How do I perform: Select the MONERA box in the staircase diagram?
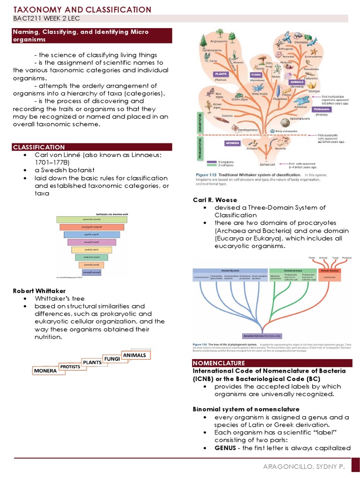pyautogui.click(x=45, y=370)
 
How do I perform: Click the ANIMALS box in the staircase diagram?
pyautogui.click(x=135, y=355)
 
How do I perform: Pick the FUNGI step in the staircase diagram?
pyautogui.click(x=112, y=359)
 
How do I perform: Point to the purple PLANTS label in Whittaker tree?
pyautogui.click(x=221, y=74)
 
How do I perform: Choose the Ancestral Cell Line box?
pyautogui.click(x=262, y=336)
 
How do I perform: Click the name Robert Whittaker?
pyautogui.click(x=39, y=291)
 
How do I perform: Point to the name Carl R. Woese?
pyautogui.click(x=215, y=200)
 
